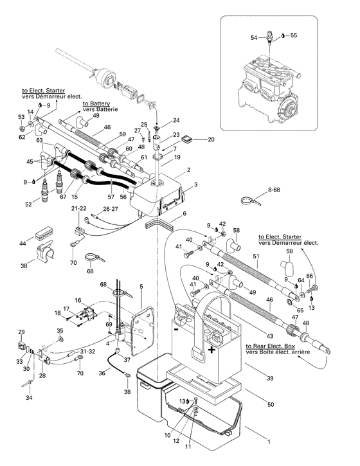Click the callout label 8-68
274,190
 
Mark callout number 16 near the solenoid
78,300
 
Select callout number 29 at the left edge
21,331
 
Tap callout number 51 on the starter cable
256,257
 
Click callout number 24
175,120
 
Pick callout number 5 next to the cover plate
141,286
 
